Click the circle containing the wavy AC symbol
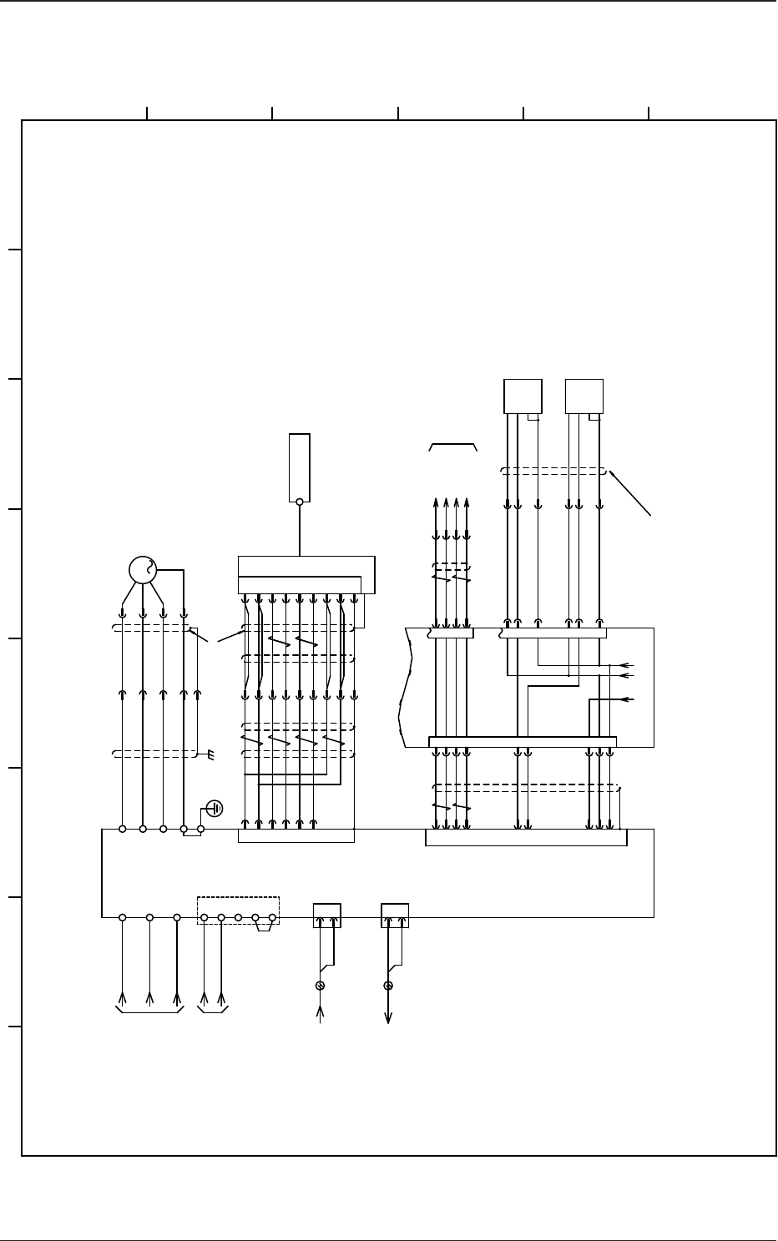[143, 570]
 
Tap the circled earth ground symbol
[215, 808]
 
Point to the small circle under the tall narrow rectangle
[300, 502]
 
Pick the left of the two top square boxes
[523, 396]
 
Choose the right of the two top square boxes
[584, 396]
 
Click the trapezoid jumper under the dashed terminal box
[264, 927]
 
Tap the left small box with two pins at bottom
[326, 915]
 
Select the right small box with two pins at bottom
[395, 915]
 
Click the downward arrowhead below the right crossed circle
[388, 1017]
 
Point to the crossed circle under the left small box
[320, 986]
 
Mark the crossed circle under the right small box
[388, 986]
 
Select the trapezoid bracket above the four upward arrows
[452, 446]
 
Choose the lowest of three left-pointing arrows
[625, 699]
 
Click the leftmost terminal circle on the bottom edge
[122, 917]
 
